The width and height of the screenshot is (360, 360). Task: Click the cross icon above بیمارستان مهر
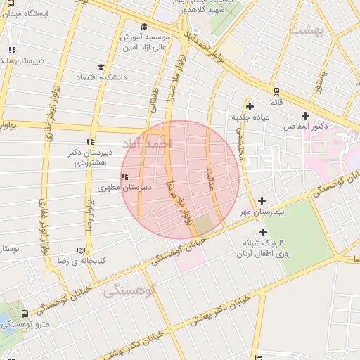coord(262,200)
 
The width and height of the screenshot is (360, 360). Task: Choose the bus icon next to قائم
coord(276,91)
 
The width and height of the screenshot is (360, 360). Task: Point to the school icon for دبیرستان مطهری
coord(124,176)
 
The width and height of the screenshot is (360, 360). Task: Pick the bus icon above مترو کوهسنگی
coord(25,314)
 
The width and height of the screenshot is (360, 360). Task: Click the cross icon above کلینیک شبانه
coord(263,232)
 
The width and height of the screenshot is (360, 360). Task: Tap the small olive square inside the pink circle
coord(203,225)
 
